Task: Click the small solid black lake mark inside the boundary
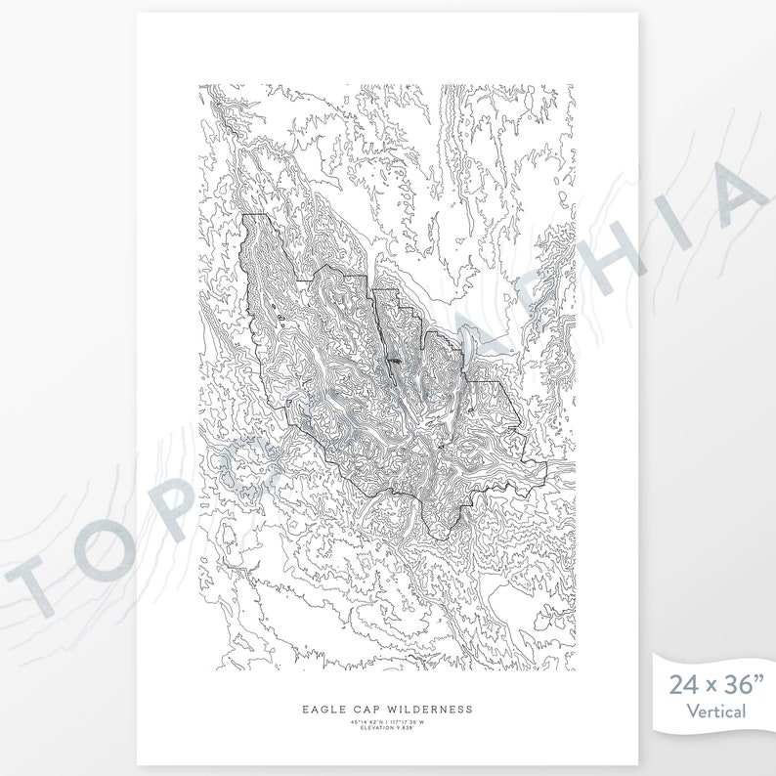pyautogui.click(x=394, y=362)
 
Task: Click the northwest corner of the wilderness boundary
pyautogui.click(x=244, y=214)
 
